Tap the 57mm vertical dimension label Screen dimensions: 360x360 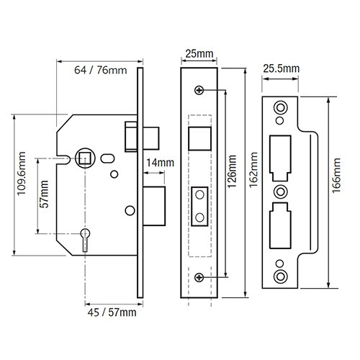45,194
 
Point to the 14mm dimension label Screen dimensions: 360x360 159,163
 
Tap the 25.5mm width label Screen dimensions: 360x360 281,68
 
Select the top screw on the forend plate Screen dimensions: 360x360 199,90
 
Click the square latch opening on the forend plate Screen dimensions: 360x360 199,137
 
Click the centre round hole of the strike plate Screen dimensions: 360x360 280,192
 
